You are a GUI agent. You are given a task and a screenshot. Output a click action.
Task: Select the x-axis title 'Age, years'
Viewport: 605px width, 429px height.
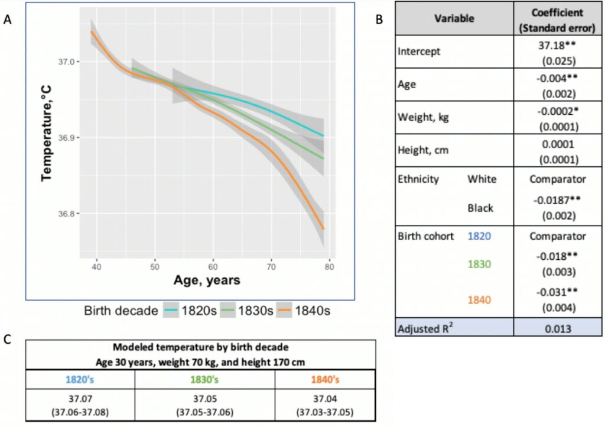(x=207, y=280)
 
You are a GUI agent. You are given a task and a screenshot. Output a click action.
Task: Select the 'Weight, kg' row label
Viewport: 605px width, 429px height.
(x=423, y=117)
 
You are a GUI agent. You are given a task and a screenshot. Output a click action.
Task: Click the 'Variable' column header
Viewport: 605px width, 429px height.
(x=454, y=19)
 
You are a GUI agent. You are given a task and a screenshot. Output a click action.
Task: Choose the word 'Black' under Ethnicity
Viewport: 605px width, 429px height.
(x=480, y=208)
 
